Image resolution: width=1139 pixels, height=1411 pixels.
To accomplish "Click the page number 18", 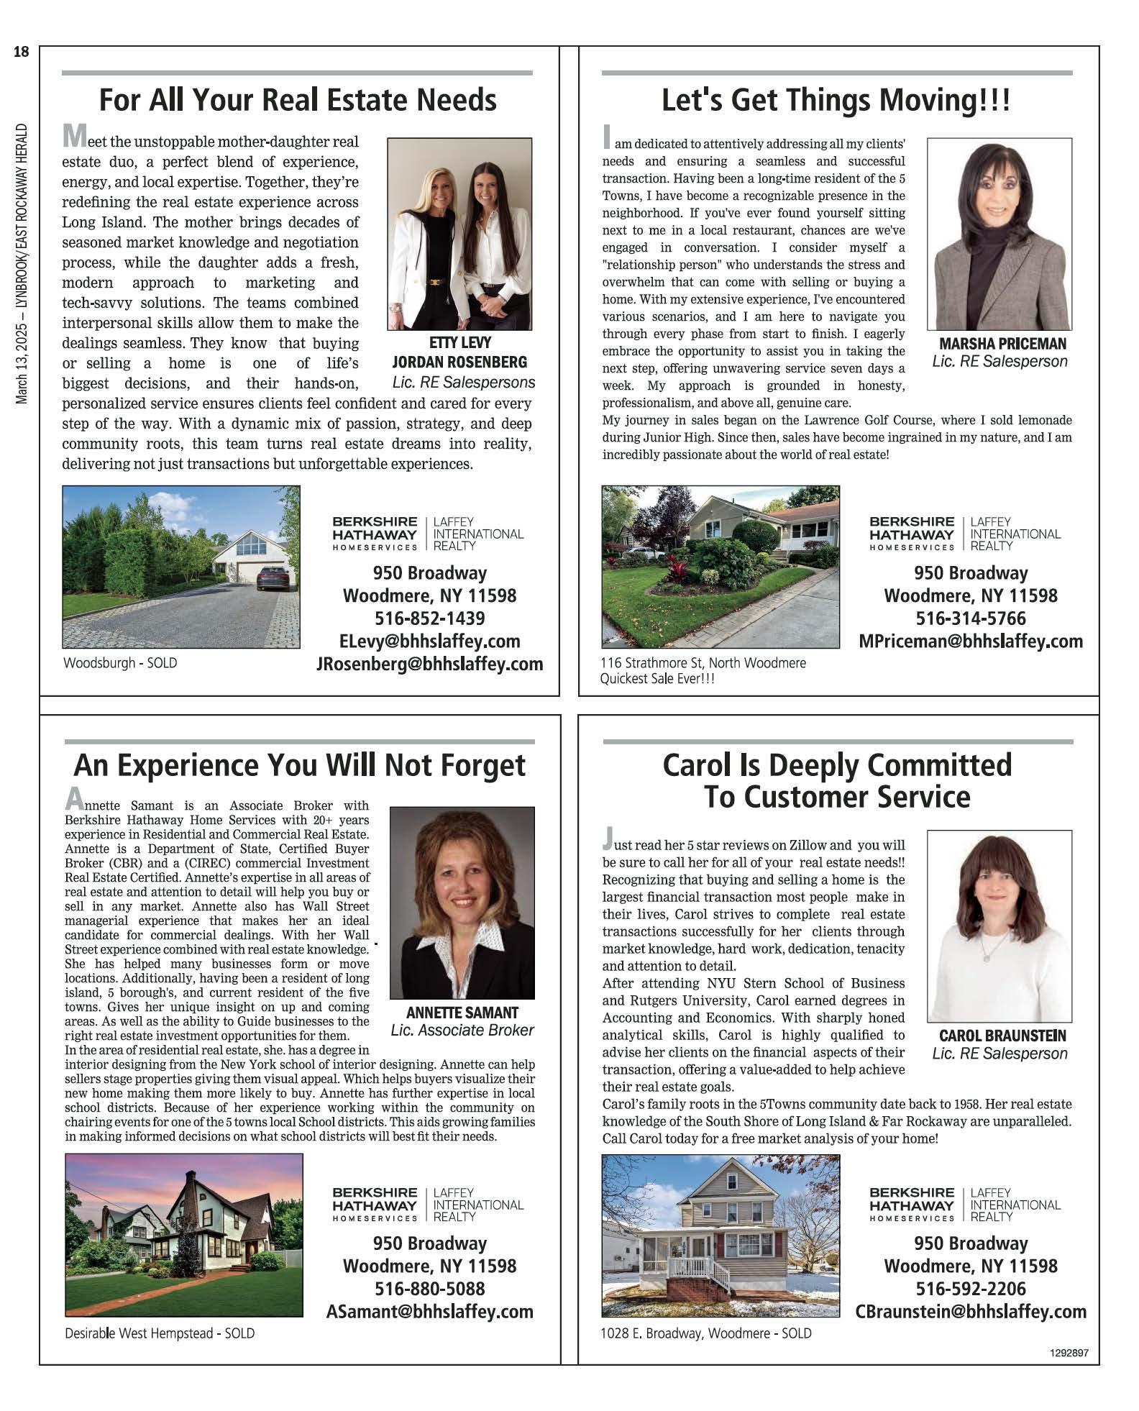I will [x=22, y=52].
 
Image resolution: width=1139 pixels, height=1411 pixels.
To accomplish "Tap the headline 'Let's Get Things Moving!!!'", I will [x=836, y=100].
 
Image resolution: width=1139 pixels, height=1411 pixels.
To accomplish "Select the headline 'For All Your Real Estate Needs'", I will [x=297, y=100].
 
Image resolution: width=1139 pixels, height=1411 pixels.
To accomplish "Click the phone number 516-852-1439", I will [x=429, y=618].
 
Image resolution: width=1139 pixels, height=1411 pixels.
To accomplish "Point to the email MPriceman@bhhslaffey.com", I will [x=970, y=641].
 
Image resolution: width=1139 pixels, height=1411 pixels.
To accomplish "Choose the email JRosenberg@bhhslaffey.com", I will [x=429, y=664].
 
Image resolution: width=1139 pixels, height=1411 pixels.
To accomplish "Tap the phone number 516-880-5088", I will [x=429, y=1289].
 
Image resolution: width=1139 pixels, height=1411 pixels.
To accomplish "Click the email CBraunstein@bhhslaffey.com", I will [x=970, y=1311].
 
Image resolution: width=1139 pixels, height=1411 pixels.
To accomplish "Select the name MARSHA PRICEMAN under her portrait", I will [x=1002, y=344].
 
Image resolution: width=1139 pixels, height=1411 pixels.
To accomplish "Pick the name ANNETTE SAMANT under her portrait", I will [x=462, y=1013].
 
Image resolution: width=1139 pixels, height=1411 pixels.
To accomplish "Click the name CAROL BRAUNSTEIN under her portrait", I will [x=1002, y=1036].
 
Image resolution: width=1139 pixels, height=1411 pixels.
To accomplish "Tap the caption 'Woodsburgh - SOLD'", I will [x=120, y=663].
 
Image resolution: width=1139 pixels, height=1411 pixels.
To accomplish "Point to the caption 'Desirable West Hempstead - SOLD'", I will [x=160, y=1333].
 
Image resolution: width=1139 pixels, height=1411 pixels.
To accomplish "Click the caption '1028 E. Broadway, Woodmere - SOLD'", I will [x=705, y=1333].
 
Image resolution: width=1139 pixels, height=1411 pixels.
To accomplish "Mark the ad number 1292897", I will [x=1069, y=1353].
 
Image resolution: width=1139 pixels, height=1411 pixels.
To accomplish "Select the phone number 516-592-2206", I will [x=970, y=1289].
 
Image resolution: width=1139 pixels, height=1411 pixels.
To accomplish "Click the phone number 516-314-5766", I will [x=970, y=618].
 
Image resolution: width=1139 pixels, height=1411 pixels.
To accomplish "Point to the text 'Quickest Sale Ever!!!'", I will [x=657, y=679].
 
